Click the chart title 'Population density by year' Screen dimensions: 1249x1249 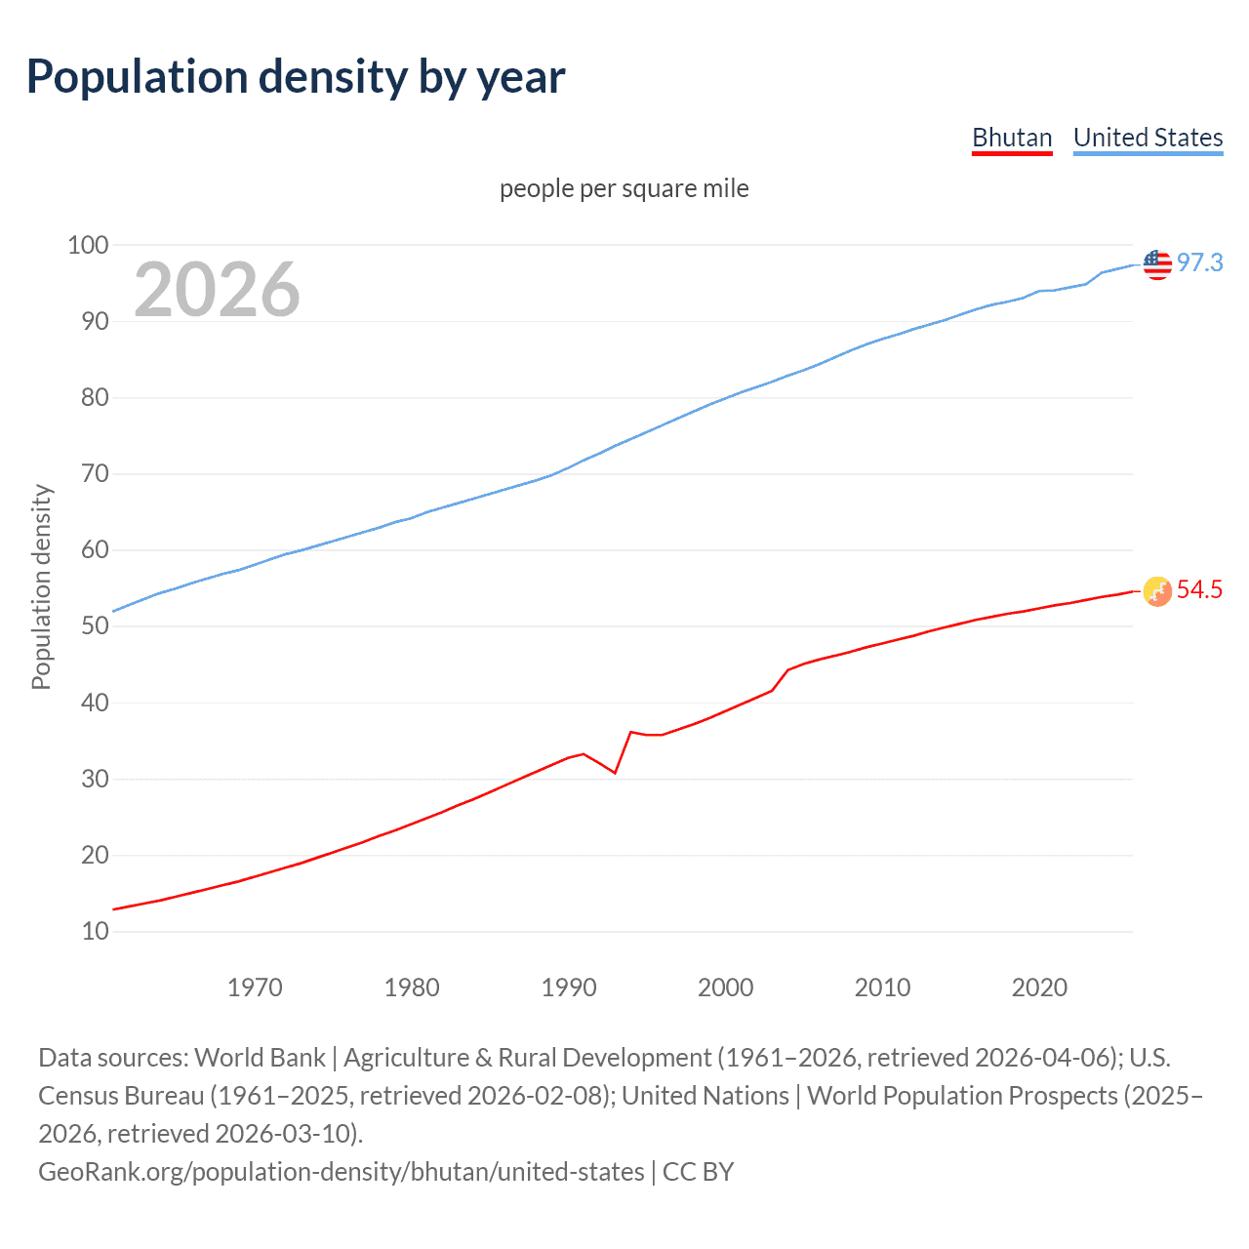296,77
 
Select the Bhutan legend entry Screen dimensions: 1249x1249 1012,138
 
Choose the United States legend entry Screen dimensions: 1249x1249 1148,138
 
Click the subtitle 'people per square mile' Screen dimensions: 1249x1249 624,188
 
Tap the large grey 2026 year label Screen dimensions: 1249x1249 217,290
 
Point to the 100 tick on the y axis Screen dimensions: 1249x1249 88,245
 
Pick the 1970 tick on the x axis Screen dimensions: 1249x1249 255,987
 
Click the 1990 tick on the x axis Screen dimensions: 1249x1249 569,987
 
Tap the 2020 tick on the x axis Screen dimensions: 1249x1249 1039,987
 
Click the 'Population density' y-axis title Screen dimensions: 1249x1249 41,587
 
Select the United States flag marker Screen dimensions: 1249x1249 1157,263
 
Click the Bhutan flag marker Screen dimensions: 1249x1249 1157,590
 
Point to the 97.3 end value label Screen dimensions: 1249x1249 1199,262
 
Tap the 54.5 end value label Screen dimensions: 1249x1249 1199,589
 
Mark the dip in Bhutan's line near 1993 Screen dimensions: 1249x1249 615,773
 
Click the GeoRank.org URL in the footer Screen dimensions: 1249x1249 341,1171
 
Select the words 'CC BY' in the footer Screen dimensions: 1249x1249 698,1171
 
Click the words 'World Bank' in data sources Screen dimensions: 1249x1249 260,1058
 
